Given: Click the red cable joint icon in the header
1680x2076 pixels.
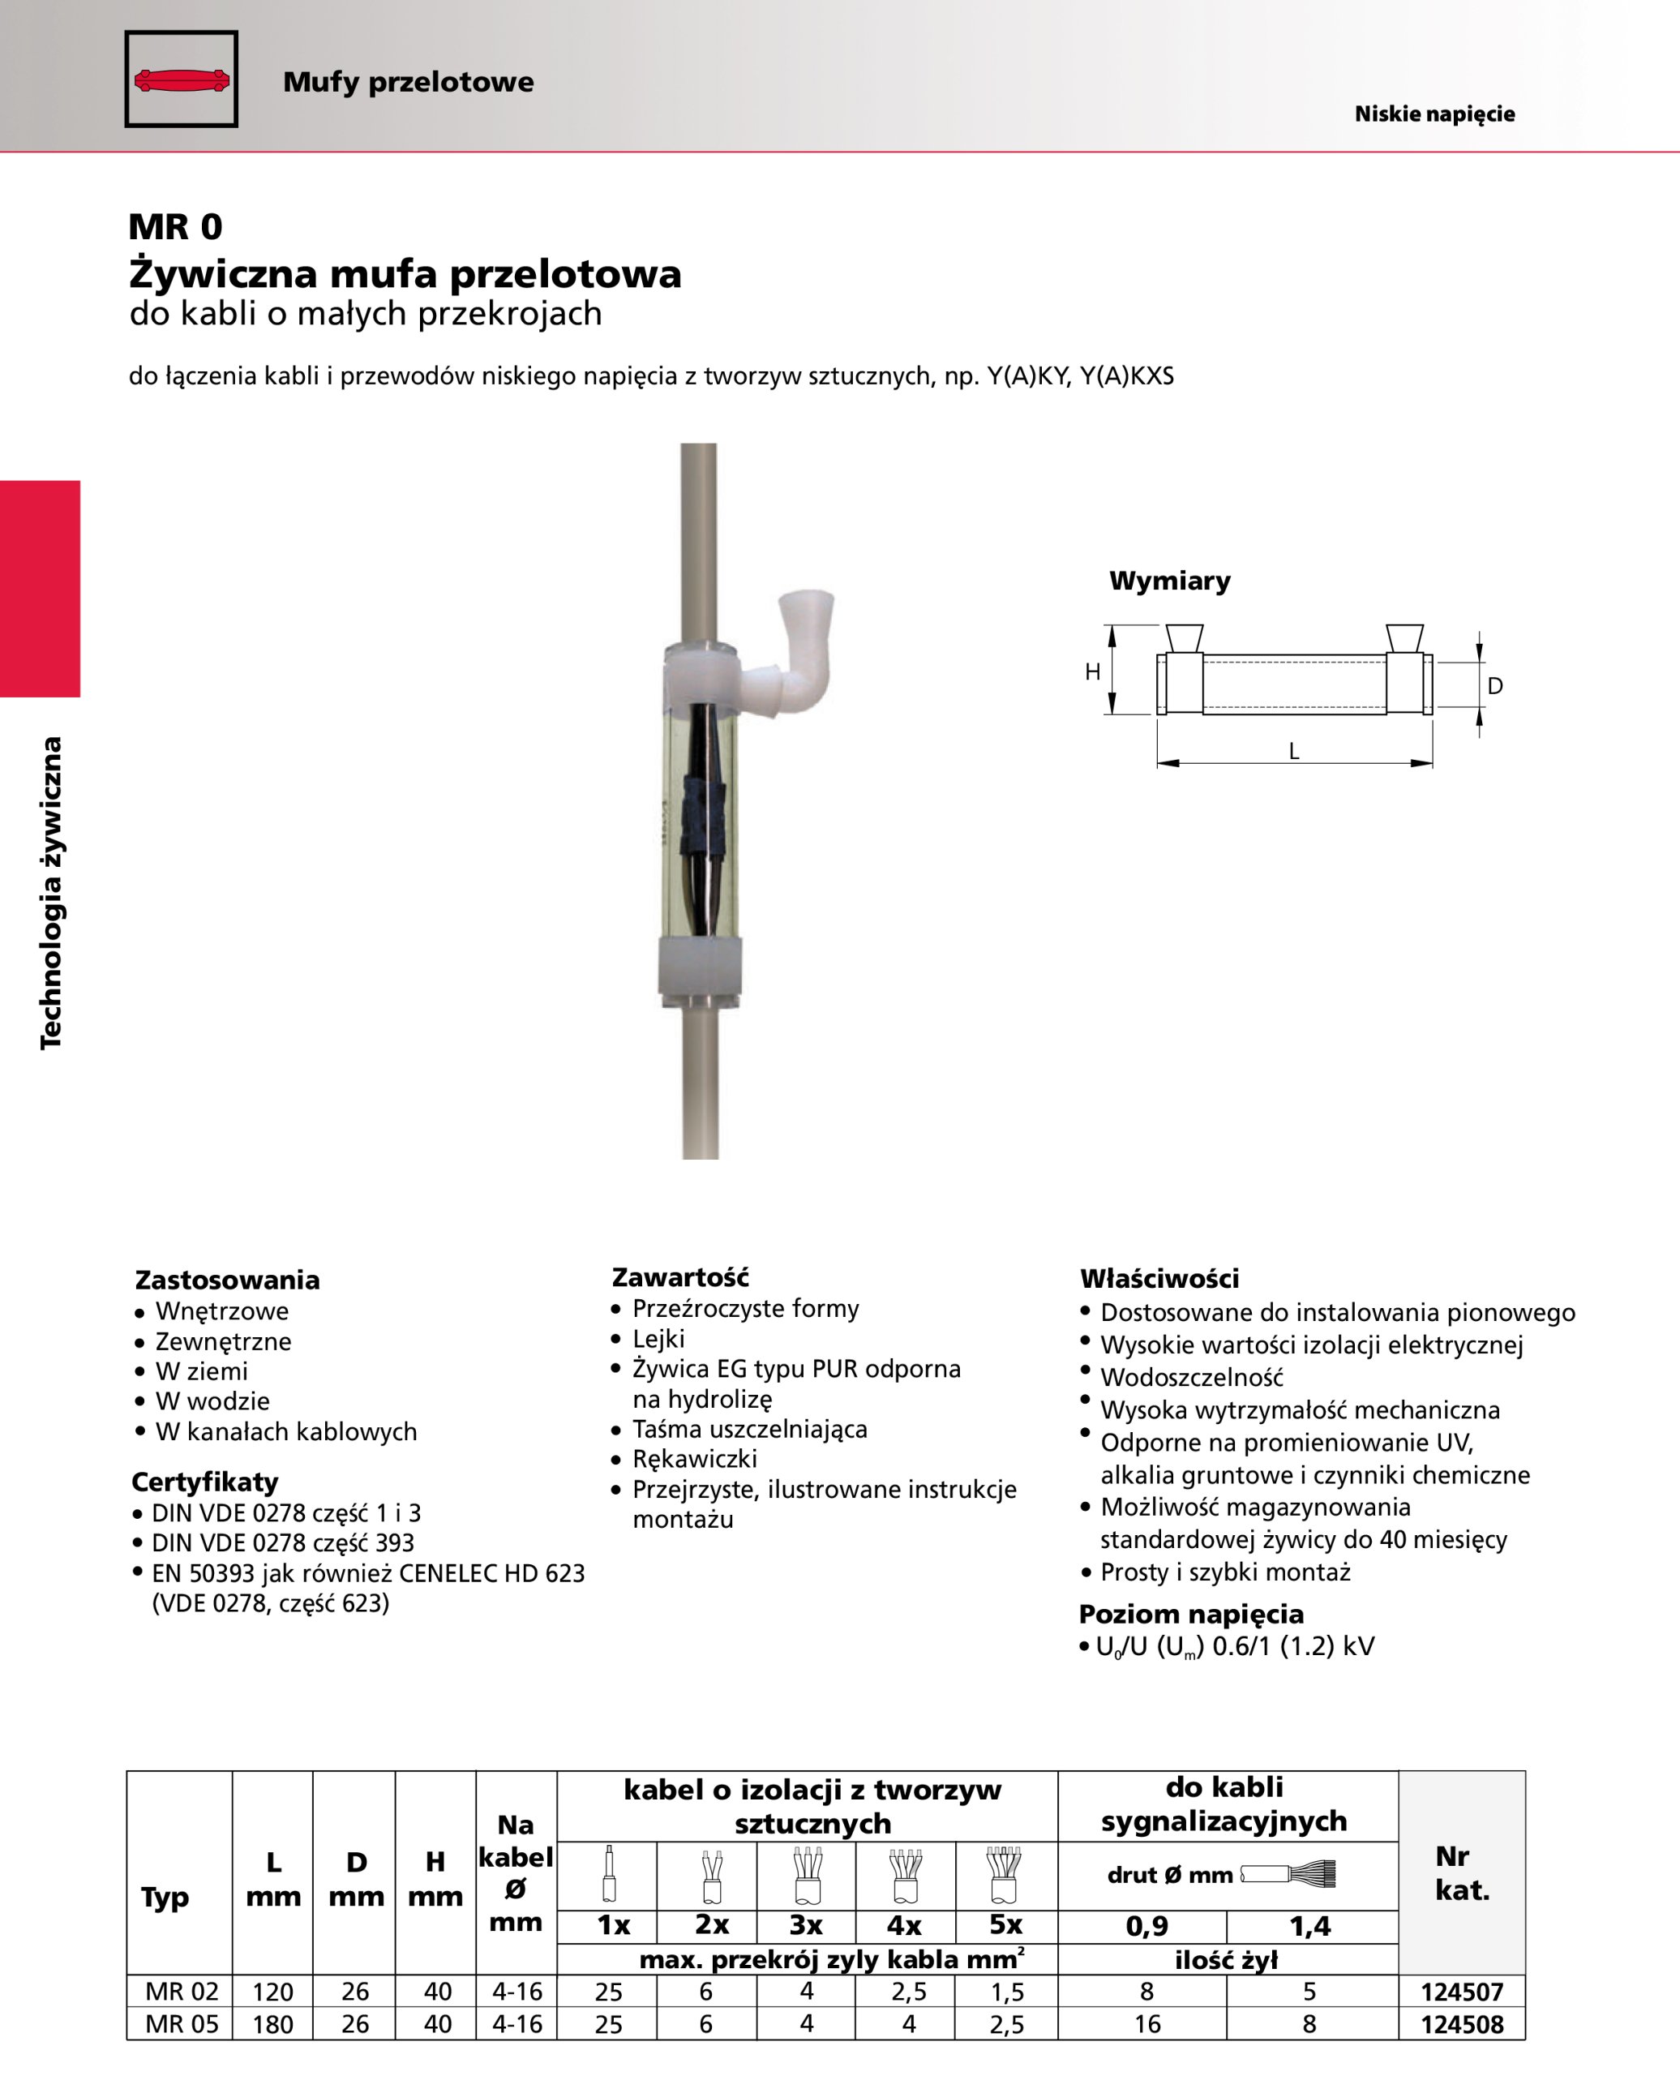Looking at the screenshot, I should point(181,79).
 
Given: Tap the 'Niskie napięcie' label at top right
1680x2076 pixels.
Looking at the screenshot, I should point(1434,114).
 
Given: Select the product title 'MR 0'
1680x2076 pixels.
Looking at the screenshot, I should point(175,226).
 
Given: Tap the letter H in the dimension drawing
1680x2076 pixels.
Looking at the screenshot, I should point(1093,671).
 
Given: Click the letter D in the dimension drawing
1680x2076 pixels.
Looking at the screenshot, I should point(1495,686).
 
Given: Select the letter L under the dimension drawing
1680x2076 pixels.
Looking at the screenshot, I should point(1294,751).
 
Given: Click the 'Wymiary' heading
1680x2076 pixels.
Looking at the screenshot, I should point(1169,581).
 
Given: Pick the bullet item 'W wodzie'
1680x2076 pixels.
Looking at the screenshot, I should point(212,1400).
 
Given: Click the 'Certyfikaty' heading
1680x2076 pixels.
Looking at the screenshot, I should point(205,1482).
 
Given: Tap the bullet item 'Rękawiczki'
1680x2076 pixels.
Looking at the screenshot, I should point(694,1459).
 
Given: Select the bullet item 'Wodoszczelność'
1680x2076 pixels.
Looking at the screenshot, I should point(1191,1377).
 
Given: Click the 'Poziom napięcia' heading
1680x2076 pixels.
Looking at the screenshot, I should point(1191,1614).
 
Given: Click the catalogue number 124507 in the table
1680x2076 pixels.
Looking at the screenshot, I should point(1461,1991).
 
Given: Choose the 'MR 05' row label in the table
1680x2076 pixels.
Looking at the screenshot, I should point(182,2024).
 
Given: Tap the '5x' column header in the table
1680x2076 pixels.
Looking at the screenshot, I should point(1005,1925).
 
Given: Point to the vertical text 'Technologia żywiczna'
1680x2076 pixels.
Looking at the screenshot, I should point(50,892).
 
